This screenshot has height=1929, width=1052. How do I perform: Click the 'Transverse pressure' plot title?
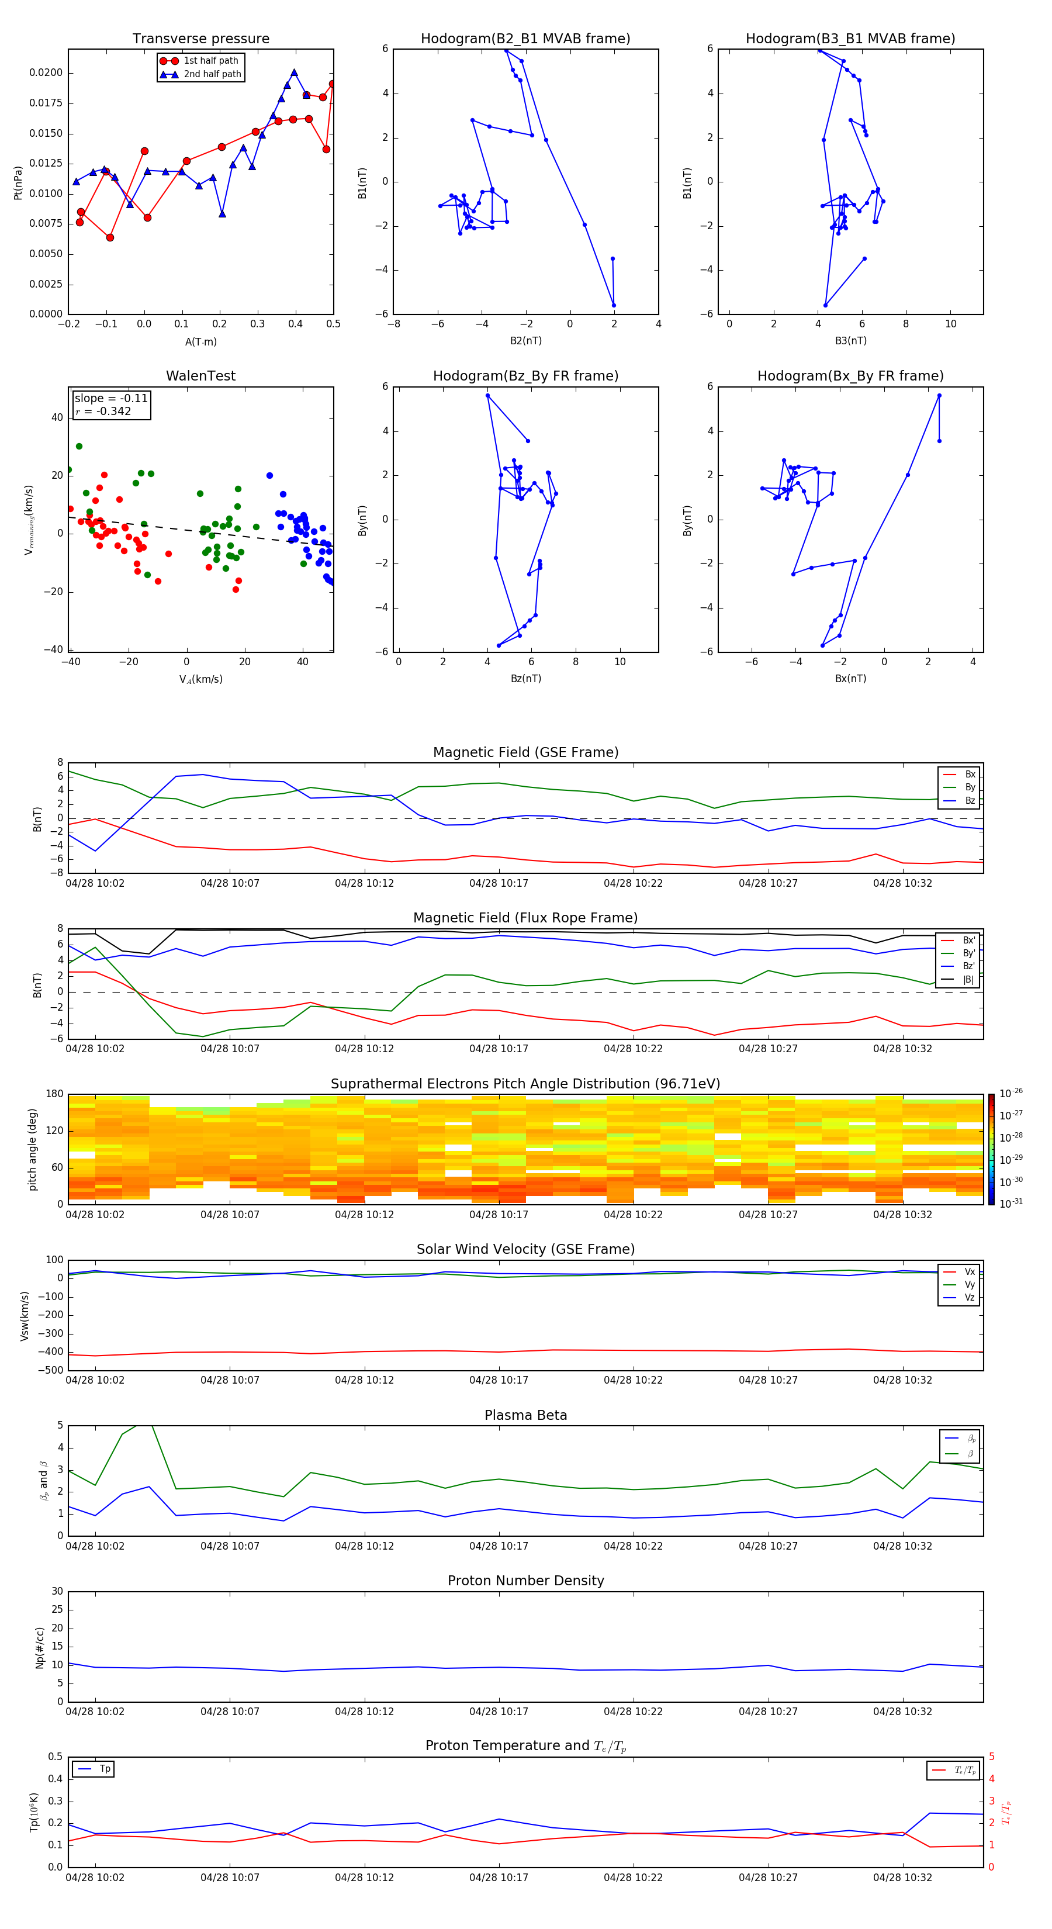[x=200, y=39]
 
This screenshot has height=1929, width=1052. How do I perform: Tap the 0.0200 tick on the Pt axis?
[x=46, y=72]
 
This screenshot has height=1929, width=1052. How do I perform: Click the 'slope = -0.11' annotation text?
[x=111, y=399]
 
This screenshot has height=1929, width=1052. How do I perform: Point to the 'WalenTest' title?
[x=200, y=376]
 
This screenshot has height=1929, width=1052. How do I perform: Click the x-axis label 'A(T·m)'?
[x=200, y=341]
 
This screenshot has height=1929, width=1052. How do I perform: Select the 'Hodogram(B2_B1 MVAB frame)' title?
[x=525, y=39]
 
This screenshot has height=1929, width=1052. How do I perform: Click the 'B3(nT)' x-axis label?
[x=850, y=341]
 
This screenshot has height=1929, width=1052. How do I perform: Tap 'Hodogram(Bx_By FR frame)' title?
[x=850, y=376]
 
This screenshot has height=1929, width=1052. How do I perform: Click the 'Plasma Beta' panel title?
[x=525, y=1415]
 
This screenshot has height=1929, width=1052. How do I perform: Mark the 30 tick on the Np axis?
[x=57, y=1591]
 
